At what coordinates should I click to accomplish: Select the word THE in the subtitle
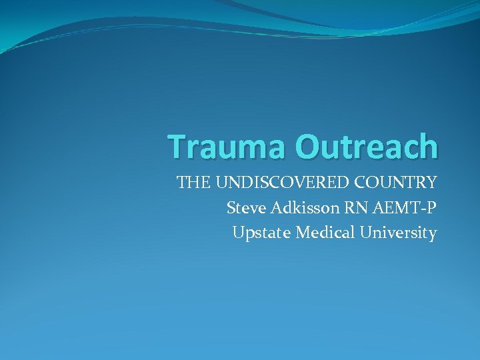191,182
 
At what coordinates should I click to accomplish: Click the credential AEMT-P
405,208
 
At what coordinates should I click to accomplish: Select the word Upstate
262,233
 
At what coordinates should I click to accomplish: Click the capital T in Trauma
177,147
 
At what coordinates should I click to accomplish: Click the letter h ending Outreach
428,147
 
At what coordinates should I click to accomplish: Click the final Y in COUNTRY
431,182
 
